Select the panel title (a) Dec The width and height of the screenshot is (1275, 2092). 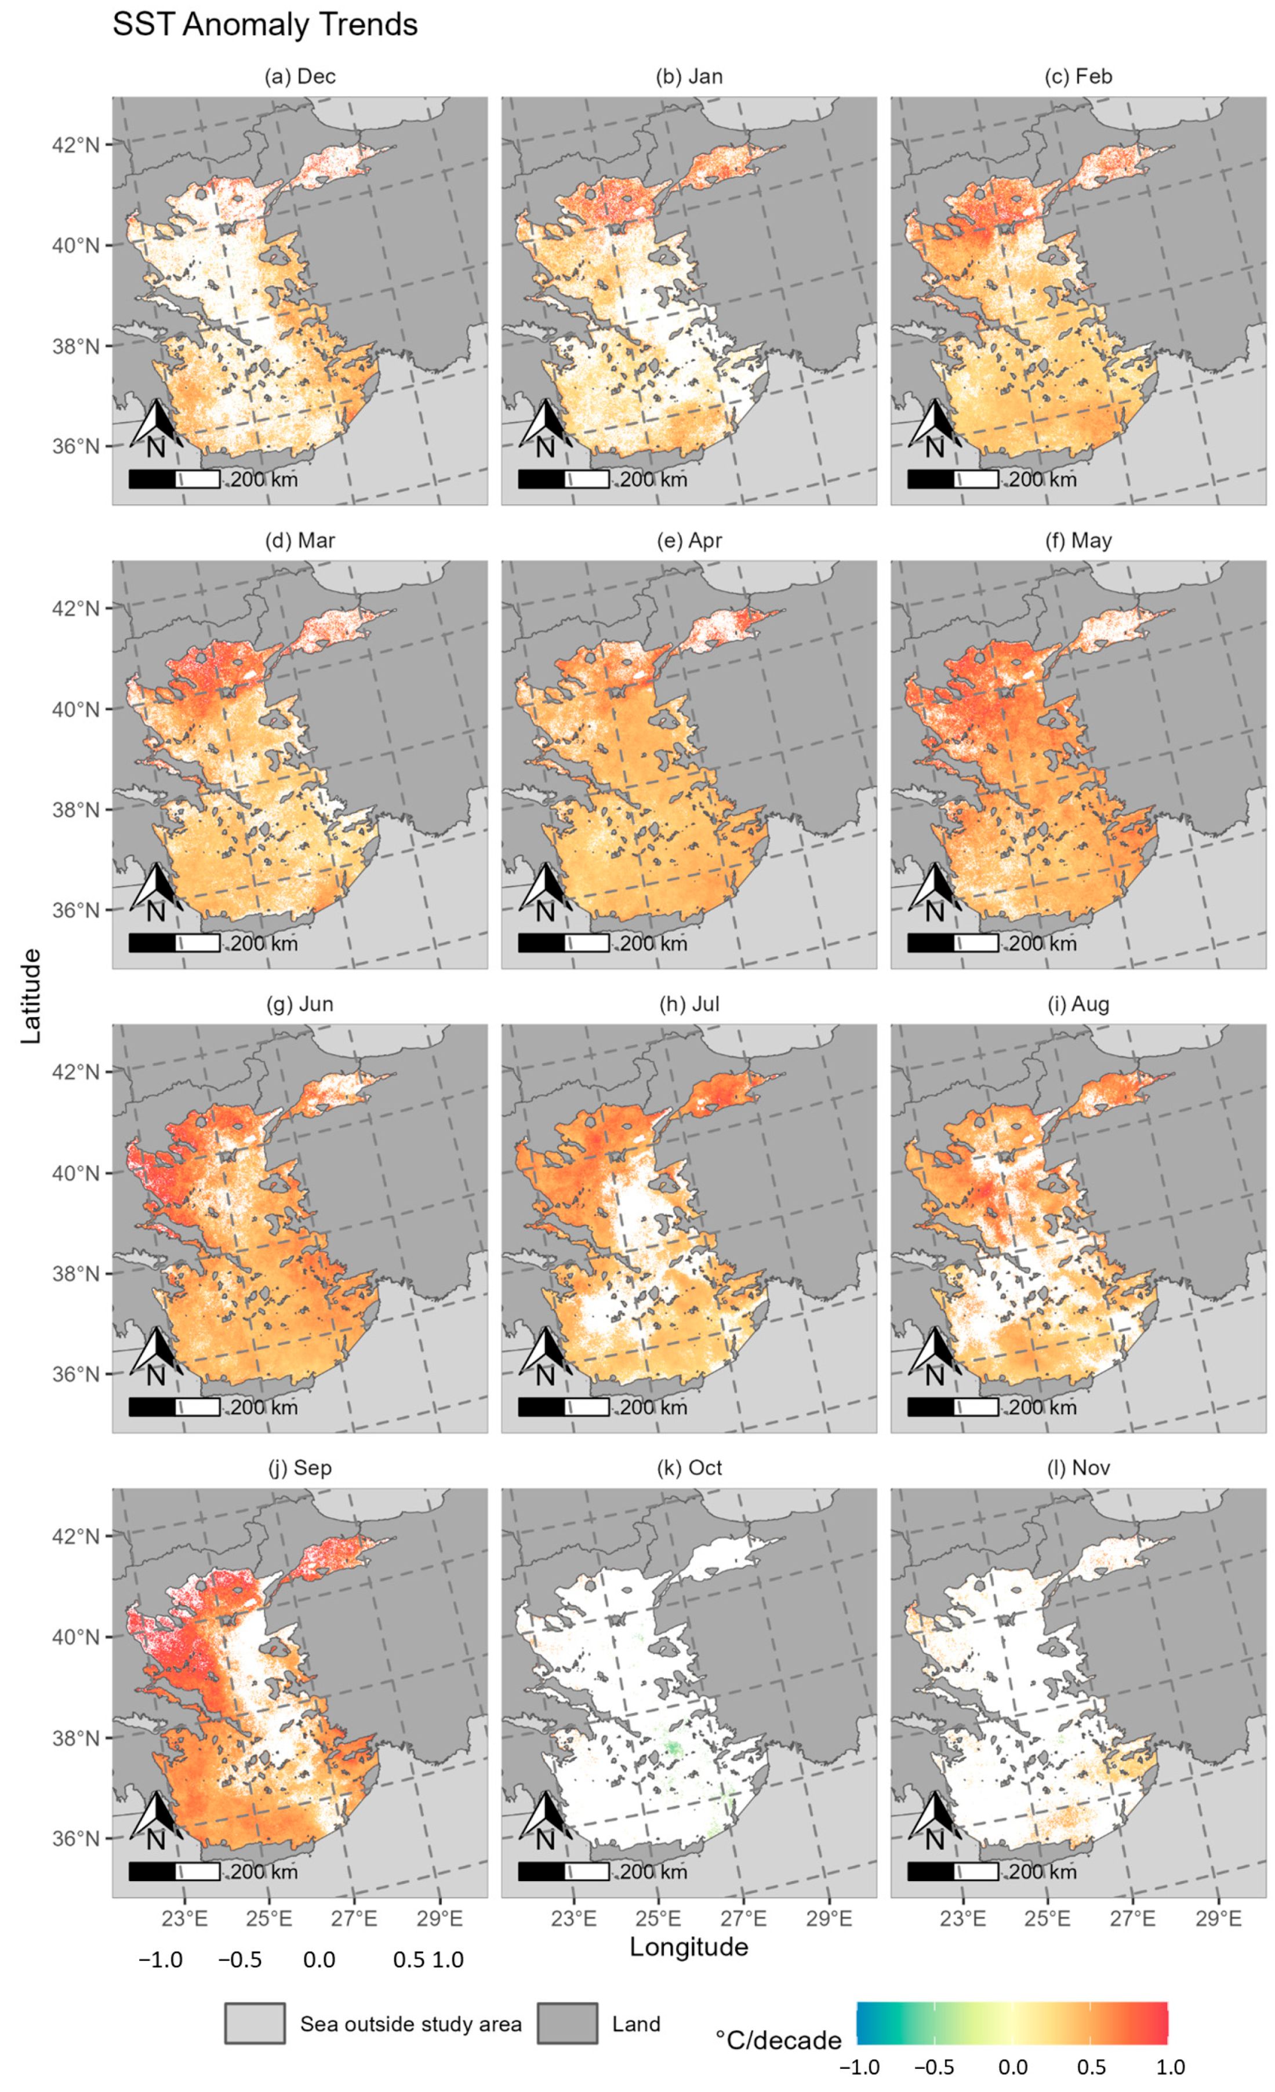[300, 77]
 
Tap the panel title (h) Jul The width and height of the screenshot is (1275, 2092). [689, 1004]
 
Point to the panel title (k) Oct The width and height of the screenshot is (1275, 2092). [689, 1468]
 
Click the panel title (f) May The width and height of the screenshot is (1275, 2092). [1078, 541]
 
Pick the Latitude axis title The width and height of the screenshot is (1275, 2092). [31, 996]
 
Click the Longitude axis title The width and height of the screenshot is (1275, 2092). [689, 1947]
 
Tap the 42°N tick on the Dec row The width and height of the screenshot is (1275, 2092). [75, 145]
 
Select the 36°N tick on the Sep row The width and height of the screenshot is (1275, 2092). [75, 1838]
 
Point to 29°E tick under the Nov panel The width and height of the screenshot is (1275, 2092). [1218, 1918]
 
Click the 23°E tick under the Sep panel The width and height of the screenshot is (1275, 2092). [184, 1918]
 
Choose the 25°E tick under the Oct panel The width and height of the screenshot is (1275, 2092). [658, 1918]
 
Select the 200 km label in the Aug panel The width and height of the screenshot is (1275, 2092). [1042, 1407]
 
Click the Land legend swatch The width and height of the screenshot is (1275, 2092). [566, 2024]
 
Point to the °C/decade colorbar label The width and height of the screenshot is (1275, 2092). [778, 2040]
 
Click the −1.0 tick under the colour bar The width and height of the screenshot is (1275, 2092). [859, 2068]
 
